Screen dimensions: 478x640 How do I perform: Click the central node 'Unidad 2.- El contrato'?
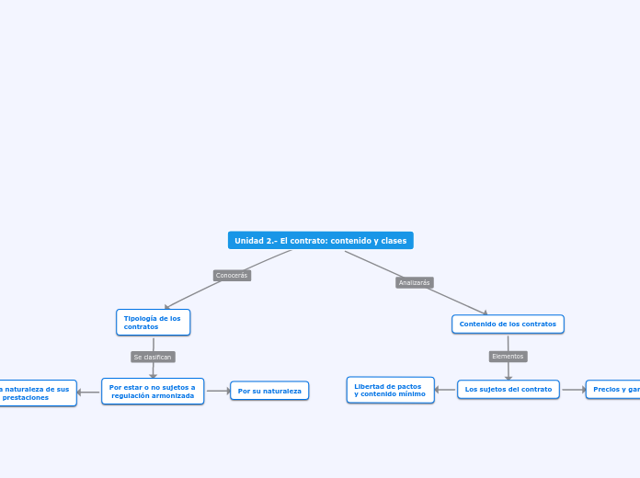click(x=320, y=241)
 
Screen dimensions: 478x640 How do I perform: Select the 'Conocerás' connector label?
click(x=232, y=275)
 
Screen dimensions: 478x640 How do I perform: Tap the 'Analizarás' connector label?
click(x=414, y=283)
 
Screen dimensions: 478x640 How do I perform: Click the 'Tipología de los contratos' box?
click(x=153, y=323)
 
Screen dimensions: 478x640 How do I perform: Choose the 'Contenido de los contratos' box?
click(x=508, y=324)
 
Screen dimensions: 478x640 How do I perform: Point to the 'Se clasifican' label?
click(x=153, y=357)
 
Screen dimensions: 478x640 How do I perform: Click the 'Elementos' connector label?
click(x=508, y=356)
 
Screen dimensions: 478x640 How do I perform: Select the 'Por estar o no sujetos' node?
click(x=153, y=392)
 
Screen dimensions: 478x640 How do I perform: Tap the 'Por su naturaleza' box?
click(x=269, y=392)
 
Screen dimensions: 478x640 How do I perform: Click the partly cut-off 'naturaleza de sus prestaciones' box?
click(x=37, y=393)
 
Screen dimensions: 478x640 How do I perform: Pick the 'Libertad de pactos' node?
click(x=390, y=390)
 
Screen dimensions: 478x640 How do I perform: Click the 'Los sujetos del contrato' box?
click(x=509, y=390)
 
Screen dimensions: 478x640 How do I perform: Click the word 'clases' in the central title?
click(x=393, y=241)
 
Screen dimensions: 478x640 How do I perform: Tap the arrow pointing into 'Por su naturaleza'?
click(x=226, y=391)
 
